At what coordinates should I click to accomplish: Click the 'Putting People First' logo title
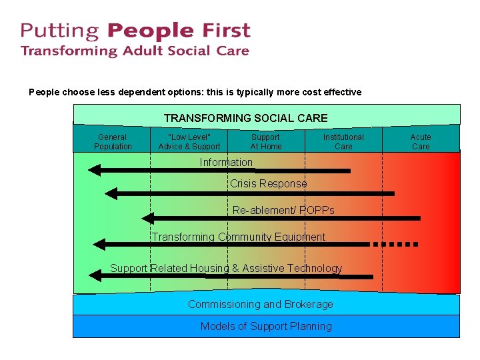(x=135, y=31)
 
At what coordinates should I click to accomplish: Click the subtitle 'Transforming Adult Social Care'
(x=135, y=51)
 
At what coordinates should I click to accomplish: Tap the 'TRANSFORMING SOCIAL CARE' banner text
(x=245, y=118)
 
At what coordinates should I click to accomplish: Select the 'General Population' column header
(x=113, y=141)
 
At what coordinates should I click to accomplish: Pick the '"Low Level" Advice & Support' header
(x=189, y=141)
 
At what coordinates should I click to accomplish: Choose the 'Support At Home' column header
(x=266, y=141)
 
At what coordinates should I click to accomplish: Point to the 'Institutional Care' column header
(x=343, y=141)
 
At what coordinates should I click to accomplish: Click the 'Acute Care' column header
(x=421, y=141)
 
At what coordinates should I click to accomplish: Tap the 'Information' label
(x=226, y=162)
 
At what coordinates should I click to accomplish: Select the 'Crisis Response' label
(x=268, y=183)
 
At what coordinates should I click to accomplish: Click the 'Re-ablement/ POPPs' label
(x=283, y=210)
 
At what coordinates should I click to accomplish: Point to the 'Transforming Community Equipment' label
(x=239, y=237)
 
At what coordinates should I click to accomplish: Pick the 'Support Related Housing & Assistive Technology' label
(x=226, y=268)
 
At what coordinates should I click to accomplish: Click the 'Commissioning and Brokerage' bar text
(x=260, y=304)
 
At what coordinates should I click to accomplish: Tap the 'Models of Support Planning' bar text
(x=266, y=326)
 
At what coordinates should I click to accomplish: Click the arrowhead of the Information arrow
(x=94, y=171)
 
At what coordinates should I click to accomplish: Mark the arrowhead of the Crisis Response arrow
(x=111, y=193)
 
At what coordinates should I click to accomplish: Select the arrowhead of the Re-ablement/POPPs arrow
(x=147, y=218)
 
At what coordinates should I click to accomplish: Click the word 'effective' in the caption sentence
(x=341, y=92)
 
